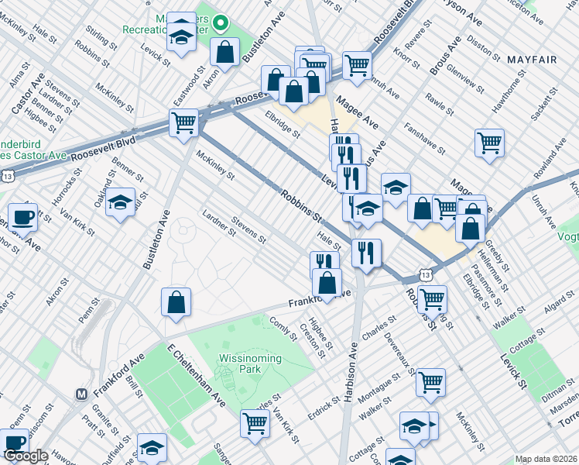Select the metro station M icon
81,394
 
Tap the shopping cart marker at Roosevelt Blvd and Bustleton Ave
184,123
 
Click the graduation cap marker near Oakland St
120,202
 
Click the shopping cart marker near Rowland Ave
489,143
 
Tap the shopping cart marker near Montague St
430,382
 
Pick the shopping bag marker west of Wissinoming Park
176,302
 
